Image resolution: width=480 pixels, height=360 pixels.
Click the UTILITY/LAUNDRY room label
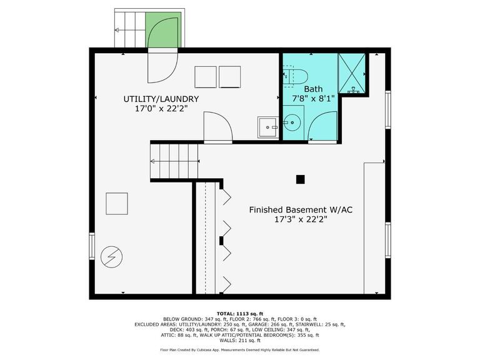(x=161, y=99)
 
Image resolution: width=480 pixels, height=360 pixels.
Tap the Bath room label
(x=313, y=89)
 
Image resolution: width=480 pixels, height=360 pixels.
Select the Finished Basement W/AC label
(x=301, y=210)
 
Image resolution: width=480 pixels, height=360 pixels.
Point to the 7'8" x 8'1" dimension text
(x=313, y=99)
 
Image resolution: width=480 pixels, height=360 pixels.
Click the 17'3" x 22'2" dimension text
(x=301, y=219)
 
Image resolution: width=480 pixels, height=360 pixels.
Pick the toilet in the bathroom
(x=295, y=76)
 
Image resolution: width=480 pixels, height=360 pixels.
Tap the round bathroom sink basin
(x=292, y=122)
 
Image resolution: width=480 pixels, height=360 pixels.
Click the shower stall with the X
(x=352, y=73)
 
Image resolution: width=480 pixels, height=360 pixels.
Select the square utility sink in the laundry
(x=268, y=127)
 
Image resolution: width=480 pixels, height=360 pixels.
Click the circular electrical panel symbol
(x=112, y=257)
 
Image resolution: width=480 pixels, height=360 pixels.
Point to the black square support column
(x=300, y=179)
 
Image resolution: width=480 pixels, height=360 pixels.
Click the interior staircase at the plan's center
(x=174, y=161)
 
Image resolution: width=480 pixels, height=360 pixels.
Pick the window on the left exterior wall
(x=92, y=246)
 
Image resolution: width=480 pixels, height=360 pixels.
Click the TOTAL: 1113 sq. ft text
(x=240, y=314)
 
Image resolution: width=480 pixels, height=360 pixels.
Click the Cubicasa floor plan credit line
(x=240, y=350)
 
